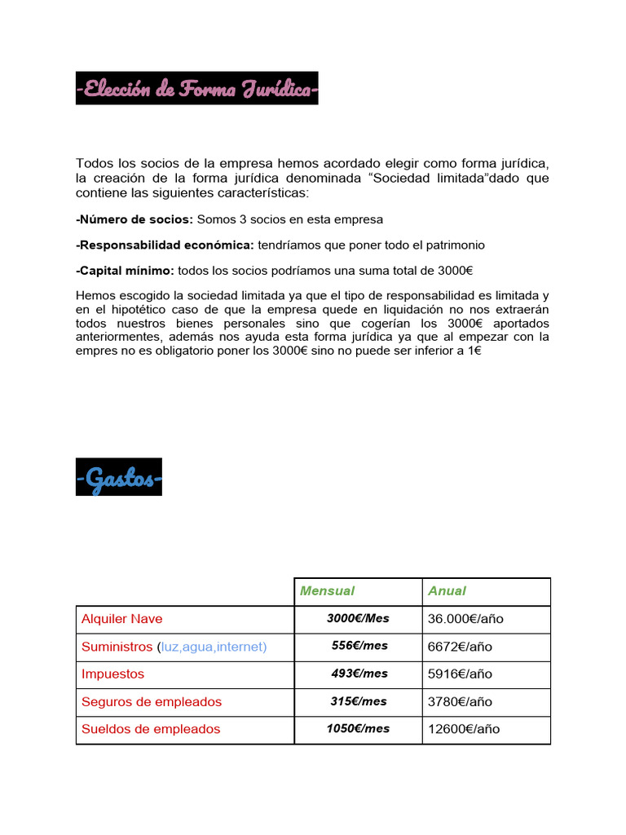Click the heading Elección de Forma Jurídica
tap(196, 88)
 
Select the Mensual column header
tap(327, 591)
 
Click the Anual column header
tap(447, 591)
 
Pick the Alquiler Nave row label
tap(121, 619)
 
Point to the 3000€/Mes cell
tap(358, 619)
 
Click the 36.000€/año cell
tap(465, 619)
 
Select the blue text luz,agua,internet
tap(213, 647)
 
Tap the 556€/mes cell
tap(359, 646)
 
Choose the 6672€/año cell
tap(460, 647)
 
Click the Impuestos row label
tap(112, 674)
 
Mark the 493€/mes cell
tap(359, 674)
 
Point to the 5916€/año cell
tap(460, 674)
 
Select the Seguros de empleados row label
tap(151, 702)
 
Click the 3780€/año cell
tap(460, 702)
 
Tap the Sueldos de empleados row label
tap(151, 730)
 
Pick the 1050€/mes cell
tap(358, 729)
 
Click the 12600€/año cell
tap(463, 730)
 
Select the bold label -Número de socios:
tap(134, 220)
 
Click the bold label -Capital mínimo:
tap(125, 271)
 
